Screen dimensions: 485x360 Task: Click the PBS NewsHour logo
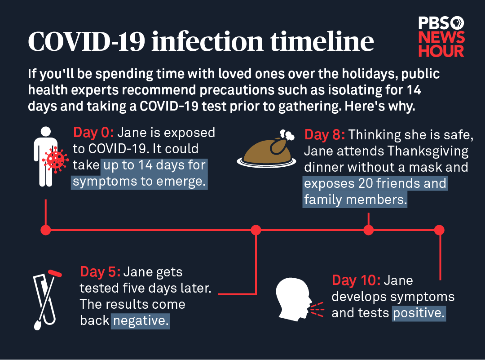pos(441,37)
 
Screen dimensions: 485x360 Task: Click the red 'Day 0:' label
pos(93,133)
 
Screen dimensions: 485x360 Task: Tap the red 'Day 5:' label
pos(100,272)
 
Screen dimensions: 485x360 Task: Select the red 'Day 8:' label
pos(325,135)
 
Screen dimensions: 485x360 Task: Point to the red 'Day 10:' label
pos(356,280)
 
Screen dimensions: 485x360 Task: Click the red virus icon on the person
pos(55,160)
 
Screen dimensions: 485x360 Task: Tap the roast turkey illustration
pos(266,149)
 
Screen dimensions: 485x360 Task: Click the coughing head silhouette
pos(294,299)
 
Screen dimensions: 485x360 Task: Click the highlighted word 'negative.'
pos(141,321)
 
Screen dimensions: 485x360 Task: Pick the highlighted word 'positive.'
pos(419,313)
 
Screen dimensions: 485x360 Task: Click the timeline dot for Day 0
pos(46,230)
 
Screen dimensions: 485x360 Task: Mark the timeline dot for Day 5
pos(256,230)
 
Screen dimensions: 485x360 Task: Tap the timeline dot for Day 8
pos(368,230)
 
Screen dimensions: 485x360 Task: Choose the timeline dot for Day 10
pos(439,230)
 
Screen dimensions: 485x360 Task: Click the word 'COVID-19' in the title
pos(87,41)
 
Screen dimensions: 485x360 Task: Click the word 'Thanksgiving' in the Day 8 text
pos(428,151)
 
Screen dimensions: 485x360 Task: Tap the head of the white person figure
pos(46,132)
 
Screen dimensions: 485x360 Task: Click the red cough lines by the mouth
pos(317,309)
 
